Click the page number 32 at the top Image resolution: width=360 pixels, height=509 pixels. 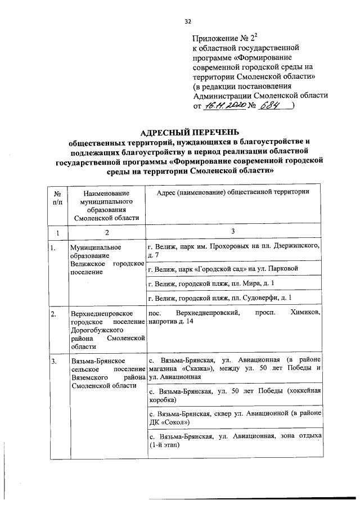[188, 21]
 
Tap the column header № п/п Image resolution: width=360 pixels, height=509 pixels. [57, 197]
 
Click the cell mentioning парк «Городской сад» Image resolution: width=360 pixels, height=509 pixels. [232, 269]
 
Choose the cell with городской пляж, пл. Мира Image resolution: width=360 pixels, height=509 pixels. [232, 283]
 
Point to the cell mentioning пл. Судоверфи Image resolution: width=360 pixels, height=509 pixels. [232, 297]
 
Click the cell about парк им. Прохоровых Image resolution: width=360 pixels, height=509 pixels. [232, 251]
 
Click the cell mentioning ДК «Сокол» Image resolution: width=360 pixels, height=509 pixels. [232, 417]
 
